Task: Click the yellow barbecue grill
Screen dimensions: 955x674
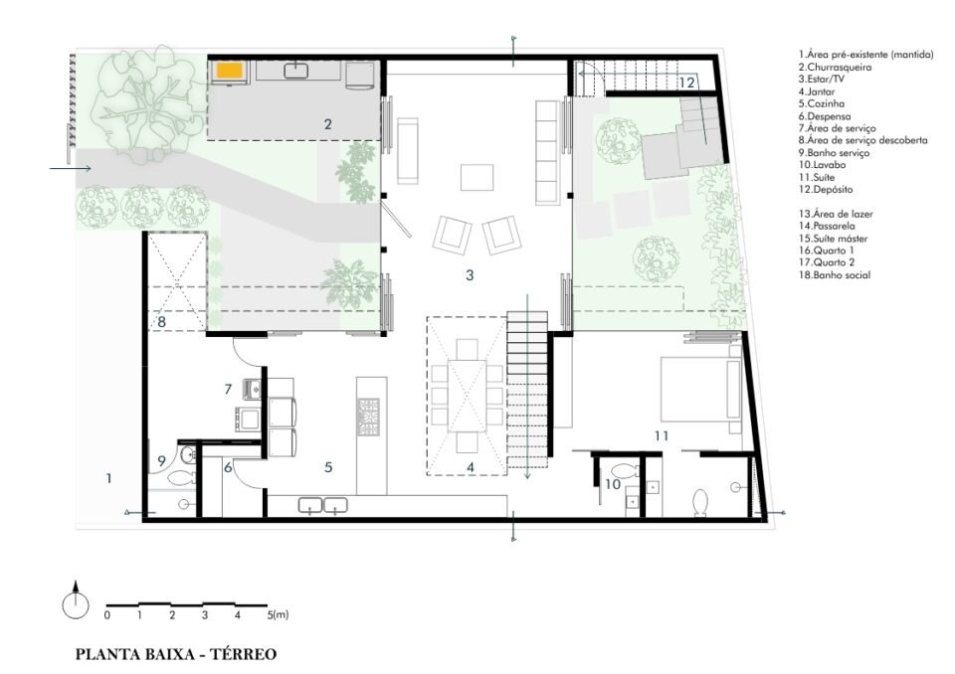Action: (230, 71)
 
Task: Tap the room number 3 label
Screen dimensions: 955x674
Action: (470, 275)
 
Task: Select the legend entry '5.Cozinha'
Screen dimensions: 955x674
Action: (822, 103)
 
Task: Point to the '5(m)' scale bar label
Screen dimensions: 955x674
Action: (278, 615)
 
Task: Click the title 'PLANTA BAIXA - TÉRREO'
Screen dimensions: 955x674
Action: (176, 654)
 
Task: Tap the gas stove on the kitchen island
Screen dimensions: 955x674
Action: (368, 418)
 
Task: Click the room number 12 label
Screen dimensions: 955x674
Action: (686, 83)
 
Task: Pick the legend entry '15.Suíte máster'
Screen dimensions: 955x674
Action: (834, 239)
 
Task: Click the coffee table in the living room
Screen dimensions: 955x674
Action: (477, 178)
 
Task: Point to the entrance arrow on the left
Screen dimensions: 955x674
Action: (71, 168)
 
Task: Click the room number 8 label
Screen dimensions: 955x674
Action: (161, 321)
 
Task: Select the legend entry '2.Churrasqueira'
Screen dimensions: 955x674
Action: (835, 67)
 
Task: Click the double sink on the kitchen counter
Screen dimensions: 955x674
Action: (322, 505)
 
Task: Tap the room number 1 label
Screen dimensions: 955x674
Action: (109, 478)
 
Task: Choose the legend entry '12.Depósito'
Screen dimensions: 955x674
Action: (826, 189)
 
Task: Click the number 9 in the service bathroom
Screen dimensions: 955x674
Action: (161, 461)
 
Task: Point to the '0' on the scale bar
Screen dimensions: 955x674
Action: (107, 615)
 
